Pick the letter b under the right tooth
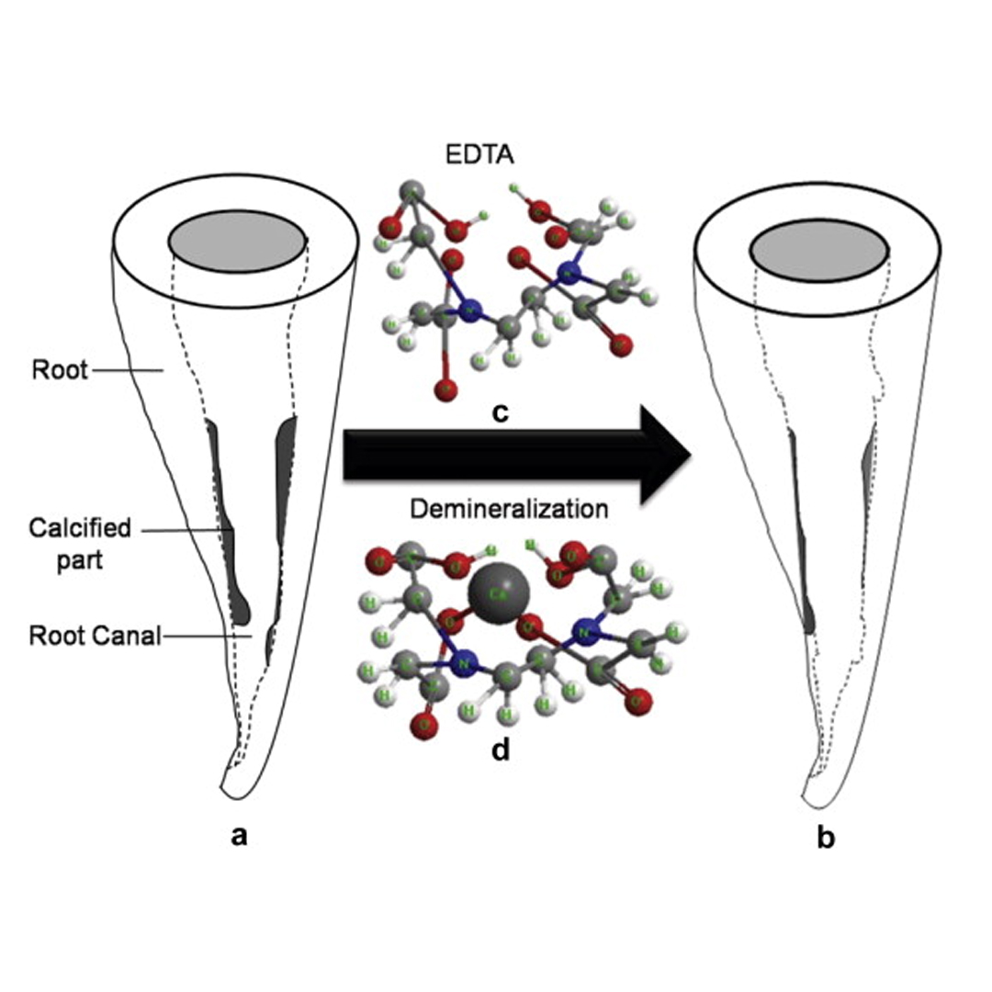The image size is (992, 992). point(827,838)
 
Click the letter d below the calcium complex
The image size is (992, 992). point(500,750)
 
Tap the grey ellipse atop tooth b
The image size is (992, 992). point(818,249)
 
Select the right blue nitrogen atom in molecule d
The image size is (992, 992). point(585,633)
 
